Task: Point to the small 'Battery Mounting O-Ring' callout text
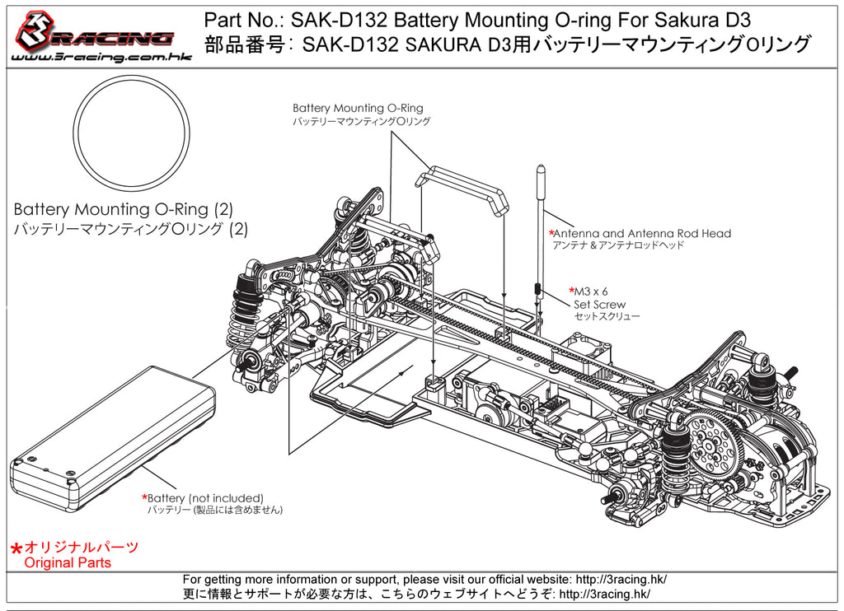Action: [358, 108]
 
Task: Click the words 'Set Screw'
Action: [599, 305]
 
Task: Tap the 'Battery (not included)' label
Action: [205, 498]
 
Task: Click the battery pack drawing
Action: [111, 436]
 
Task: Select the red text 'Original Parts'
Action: [68, 563]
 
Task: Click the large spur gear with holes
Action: [709, 441]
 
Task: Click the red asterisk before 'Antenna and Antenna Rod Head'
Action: [552, 234]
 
